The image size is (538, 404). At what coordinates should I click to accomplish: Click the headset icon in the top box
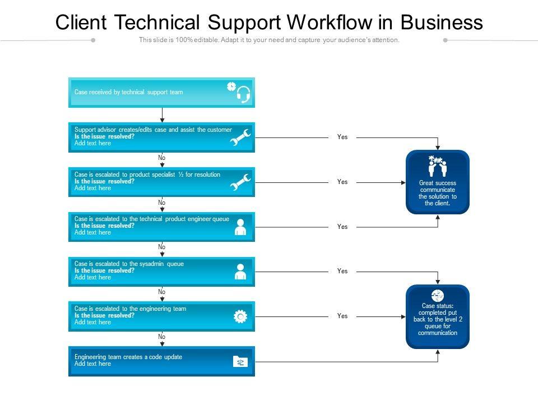(x=243, y=95)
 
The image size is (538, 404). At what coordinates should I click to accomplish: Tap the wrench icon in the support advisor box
(x=241, y=137)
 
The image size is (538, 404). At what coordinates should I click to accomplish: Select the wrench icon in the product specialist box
(x=241, y=182)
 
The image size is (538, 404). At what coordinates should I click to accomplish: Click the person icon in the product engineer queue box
(x=240, y=227)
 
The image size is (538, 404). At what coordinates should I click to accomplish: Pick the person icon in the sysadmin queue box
(x=240, y=272)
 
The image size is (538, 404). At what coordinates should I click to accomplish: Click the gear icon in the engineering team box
(x=240, y=317)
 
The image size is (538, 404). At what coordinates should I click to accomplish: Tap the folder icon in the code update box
(x=240, y=362)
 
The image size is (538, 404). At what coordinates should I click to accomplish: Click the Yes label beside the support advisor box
(x=342, y=137)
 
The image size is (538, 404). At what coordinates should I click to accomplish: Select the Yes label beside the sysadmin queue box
(x=342, y=271)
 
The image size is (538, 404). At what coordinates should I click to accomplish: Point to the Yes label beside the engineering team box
(x=342, y=316)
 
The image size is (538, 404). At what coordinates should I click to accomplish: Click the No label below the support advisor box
(x=162, y=158)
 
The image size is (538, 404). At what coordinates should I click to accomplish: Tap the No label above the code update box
(x=162, y=337)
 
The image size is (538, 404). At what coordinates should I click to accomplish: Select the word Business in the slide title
(x=442, y=22)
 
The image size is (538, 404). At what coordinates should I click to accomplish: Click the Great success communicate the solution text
(x=438, y=193)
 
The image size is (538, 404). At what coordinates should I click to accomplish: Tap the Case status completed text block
(x=438, y=319)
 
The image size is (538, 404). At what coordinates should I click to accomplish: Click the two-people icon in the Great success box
(x=437, y=166)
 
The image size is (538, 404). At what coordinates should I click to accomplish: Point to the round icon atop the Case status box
(x=438, y=295)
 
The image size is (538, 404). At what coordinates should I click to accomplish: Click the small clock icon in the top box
(x=231, y=86)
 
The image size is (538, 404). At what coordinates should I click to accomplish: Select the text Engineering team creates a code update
(x=128, y=357)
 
